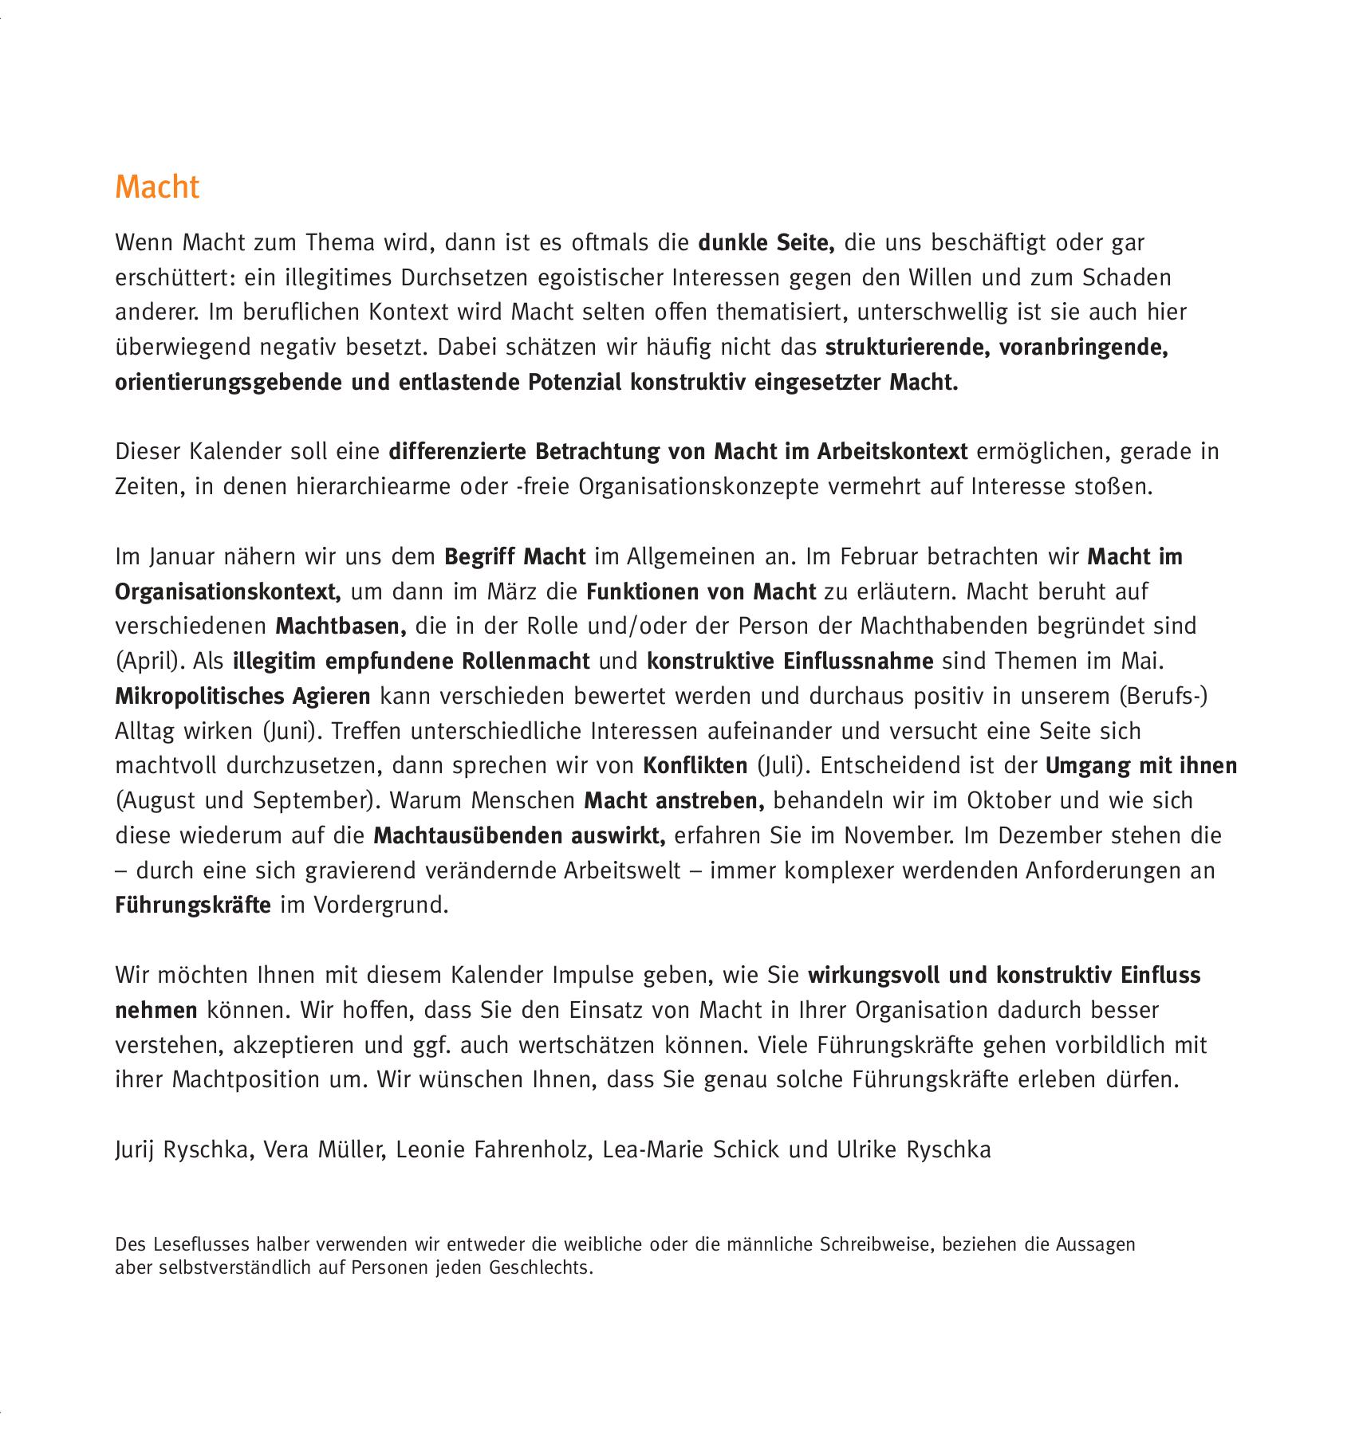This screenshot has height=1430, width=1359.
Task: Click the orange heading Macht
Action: pos(157,187)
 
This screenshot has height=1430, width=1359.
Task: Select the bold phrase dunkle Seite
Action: pos(766,242)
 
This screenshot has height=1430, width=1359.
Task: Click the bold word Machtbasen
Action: pos(341,627)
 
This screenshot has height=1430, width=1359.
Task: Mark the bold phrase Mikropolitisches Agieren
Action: pos(242,697)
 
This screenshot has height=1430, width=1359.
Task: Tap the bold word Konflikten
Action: pos(695,766)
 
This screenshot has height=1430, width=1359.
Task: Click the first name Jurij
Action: pos(134,1150)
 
